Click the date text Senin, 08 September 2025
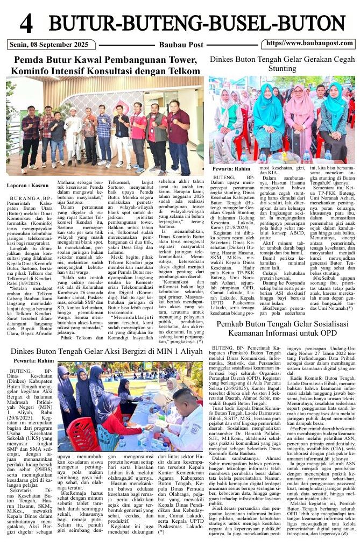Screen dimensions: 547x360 (45, 44)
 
